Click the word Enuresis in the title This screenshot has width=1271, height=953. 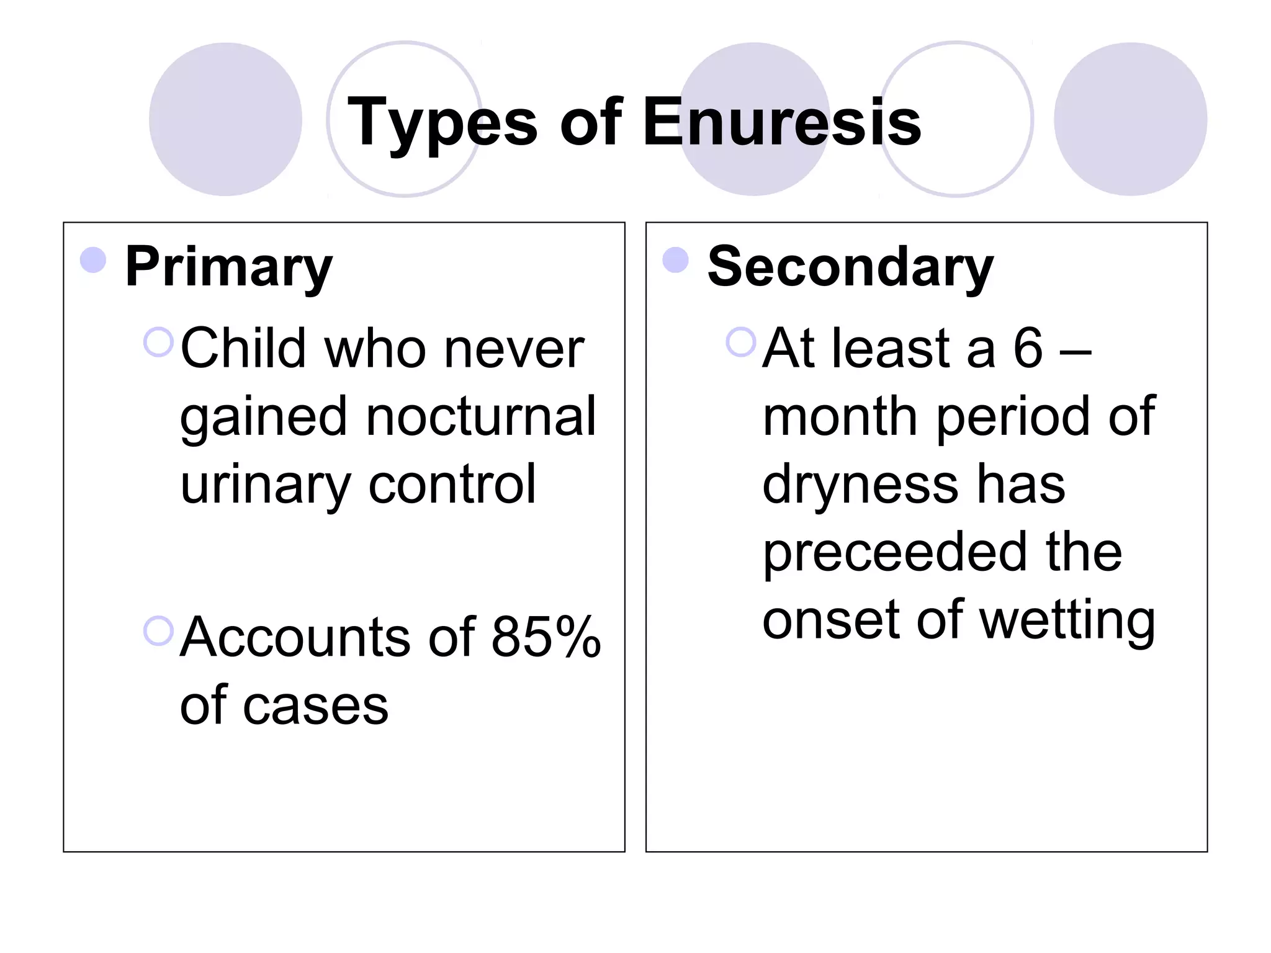point(782,122)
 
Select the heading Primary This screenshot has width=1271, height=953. point(228,268)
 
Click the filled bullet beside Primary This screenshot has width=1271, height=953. point(93,260)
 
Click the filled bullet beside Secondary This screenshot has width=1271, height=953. point(675,260)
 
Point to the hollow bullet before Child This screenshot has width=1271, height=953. point(158,342)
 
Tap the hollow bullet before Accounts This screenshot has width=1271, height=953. point(158,631)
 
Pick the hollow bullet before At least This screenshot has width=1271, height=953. point(740,342)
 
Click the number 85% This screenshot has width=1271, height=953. point(546,637)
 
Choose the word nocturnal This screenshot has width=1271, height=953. point(481,416)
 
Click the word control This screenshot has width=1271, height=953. point(452,484)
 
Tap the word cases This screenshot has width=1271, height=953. point(315,707)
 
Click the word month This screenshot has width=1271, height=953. point(840,416)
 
